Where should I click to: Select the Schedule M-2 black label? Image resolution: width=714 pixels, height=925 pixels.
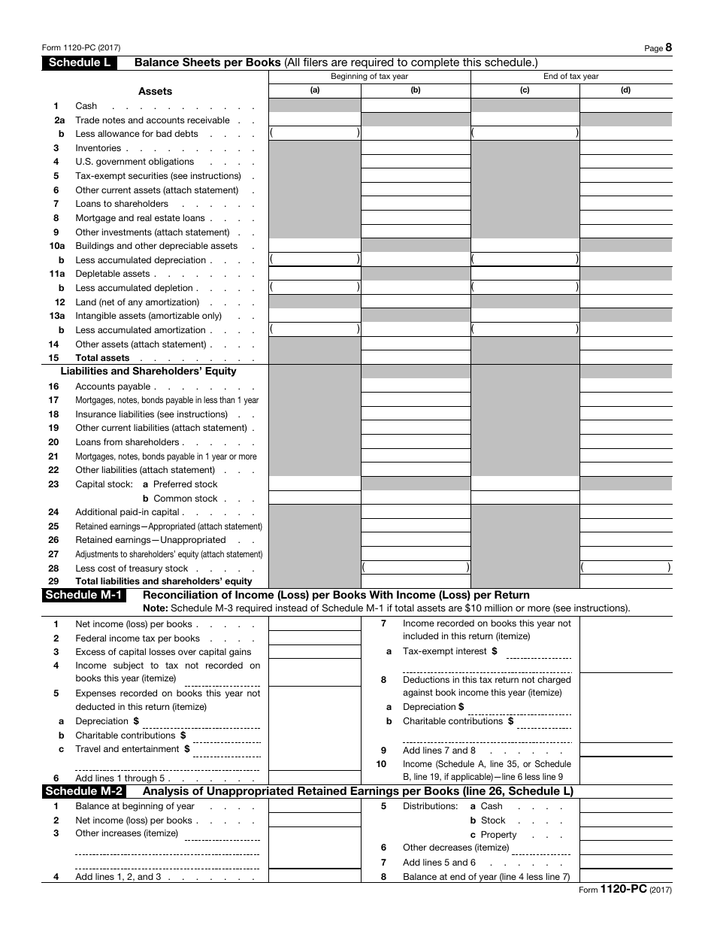pyautogui.click(x=83, y=791)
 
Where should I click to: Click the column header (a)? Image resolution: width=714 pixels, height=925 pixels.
pyautogui.click(x=315, y=90)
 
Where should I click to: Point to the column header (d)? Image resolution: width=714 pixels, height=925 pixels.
pyautogui.click(x=625, y=90)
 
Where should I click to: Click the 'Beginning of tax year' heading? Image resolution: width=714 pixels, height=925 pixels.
pyautogui.click(x=370, y=76)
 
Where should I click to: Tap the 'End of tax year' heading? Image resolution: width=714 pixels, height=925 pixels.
pyautogui.click(x=571, y=76)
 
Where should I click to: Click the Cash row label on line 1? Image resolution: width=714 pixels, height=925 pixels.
pyautogui.click(x=86, y=106)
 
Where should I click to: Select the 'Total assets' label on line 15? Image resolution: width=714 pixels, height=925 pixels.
pyautogui.click(x=102, y=358)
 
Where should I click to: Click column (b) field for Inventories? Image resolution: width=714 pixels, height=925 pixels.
pyautogui.click(x=416, y=148)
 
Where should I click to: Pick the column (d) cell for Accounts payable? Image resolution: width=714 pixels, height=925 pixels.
pyautogui.click(x=625, y=386)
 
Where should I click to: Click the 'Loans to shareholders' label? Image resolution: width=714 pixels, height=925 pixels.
pyautogui.click(x=122, y=204)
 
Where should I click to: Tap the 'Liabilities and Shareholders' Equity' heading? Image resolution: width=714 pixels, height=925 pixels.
pyautogui.click(x=148, y=371)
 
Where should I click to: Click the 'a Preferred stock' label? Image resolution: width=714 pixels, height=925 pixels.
pyautogui.click(x=180, y=484)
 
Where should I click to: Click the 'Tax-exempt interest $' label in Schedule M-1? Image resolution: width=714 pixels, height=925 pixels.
pyautogui.click(x=449, y=651)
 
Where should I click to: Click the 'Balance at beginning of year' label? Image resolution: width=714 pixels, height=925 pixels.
pyautogui.click(x=135, y=806)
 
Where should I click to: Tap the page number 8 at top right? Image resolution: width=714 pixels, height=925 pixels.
pyautogui.click(x=668, y=47)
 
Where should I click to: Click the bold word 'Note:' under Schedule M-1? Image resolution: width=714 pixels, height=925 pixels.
pyautogui.click(x=156, y=608)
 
